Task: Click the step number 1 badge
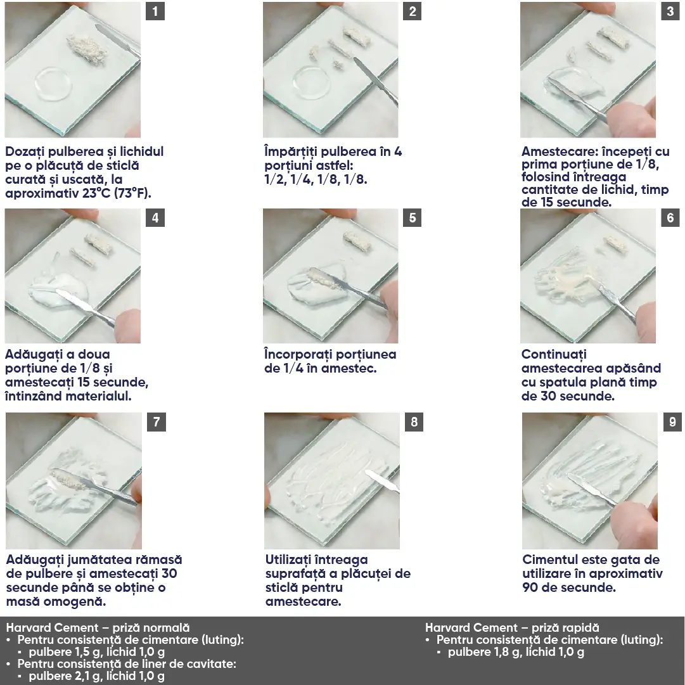point(155,11)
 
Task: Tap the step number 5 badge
point(412,218)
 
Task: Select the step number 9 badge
point(672,422)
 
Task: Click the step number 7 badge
point(156,422)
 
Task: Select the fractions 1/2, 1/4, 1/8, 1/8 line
point(316,180)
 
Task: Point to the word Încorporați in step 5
point(300,355)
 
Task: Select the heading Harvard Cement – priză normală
point(98,628)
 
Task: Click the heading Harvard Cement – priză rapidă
point(512,628)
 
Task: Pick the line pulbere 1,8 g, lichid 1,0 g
point(516,652)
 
